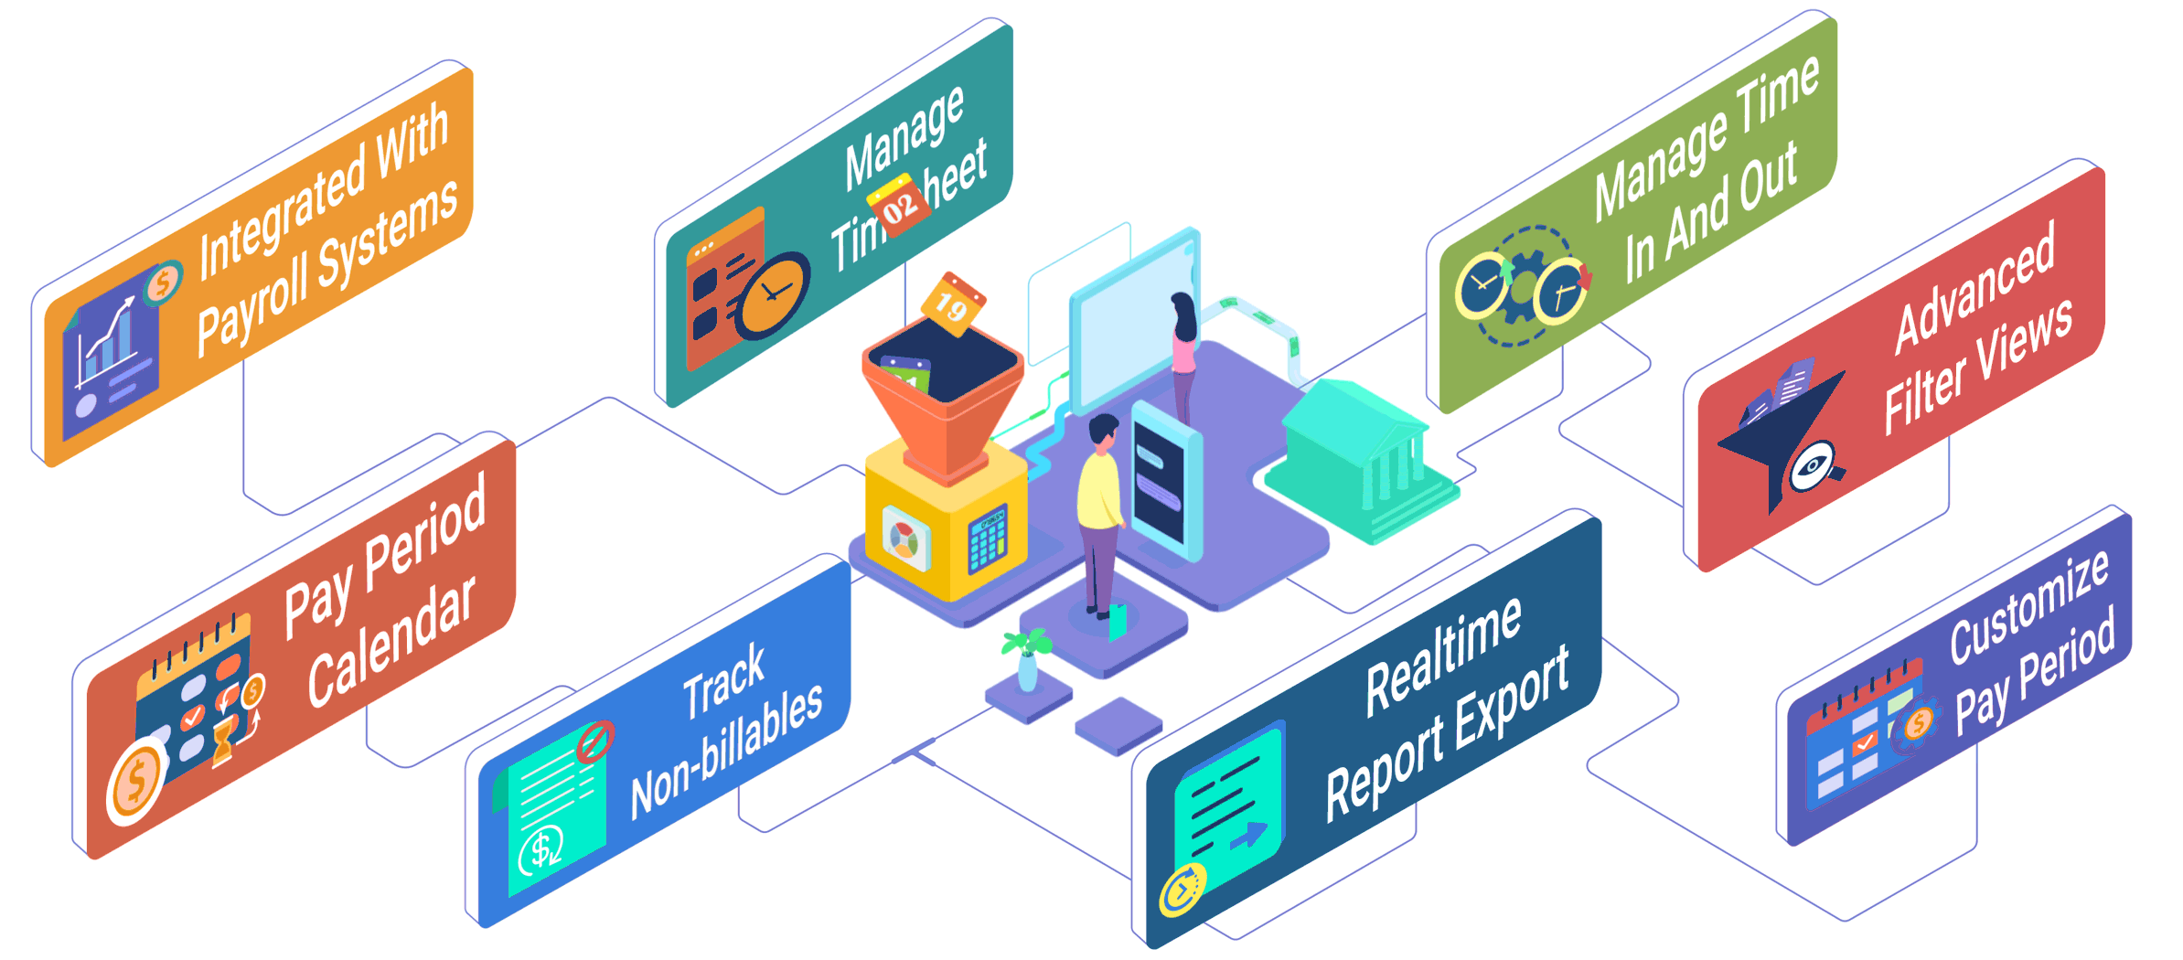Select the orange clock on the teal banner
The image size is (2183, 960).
pos(774,294)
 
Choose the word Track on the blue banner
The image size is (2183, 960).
pos(723,680)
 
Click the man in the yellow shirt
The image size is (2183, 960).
pos(1101,512)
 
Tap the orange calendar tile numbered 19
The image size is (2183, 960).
pos(952,304)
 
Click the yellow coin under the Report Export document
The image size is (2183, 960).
pos(1182,889)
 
